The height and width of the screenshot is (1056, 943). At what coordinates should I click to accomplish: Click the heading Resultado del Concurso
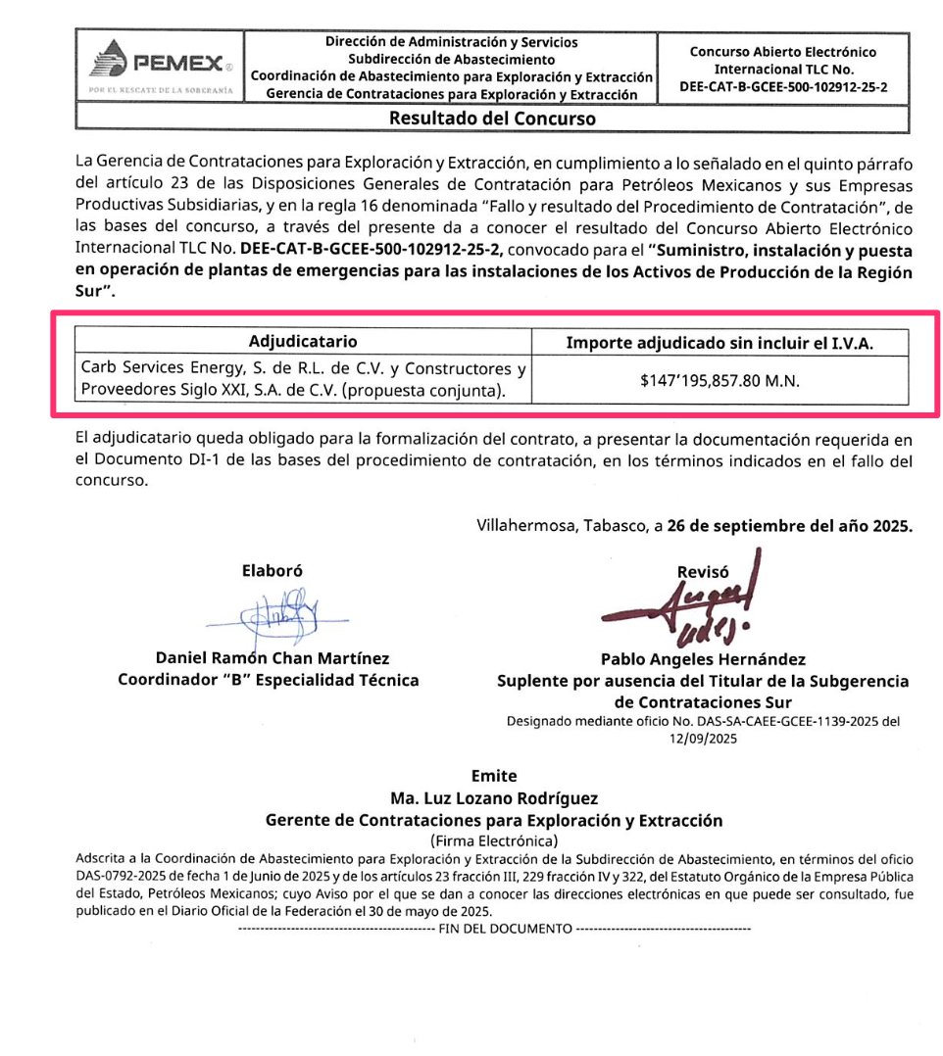[x=492, y=119]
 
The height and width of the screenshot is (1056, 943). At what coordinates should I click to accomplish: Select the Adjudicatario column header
[x=303, y=341]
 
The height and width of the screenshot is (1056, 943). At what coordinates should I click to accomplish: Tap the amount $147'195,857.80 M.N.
[x=720, y=380]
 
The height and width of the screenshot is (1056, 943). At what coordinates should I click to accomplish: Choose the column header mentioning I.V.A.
[x=720, y=342]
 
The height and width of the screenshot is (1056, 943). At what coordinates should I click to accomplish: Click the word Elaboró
[x=272, y=571]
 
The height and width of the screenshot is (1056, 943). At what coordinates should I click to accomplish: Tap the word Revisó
[x=703, y=572]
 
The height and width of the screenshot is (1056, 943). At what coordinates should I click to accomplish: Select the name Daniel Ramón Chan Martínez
[x=273, y=658]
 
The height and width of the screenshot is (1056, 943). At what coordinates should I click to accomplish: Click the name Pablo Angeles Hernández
[x=703, y=660]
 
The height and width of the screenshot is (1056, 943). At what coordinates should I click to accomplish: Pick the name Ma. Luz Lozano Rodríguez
[x=494, y=797]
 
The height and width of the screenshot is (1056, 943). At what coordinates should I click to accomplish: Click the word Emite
[x=494, y=776]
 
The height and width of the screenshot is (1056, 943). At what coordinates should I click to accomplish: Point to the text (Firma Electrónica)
[x=494, y=840]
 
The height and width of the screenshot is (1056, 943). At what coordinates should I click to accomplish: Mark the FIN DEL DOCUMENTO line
[x=494, y=928]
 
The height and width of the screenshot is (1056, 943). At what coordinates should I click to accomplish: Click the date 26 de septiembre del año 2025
[x=789, y=525]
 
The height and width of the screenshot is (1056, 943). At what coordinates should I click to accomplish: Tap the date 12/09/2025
[x=703, y=740]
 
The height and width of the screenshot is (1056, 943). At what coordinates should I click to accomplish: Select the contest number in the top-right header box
[x=783, y=85]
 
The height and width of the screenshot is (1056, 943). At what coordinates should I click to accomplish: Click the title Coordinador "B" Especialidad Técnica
[x=269, y=680]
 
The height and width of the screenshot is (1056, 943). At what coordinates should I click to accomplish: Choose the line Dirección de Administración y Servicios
[x=451, y=42]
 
